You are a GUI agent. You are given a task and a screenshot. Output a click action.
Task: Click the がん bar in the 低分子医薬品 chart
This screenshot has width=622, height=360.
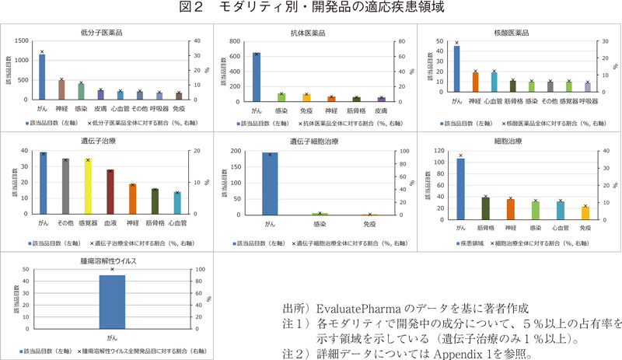42,77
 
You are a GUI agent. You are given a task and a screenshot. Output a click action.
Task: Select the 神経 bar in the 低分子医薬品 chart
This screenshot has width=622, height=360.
61,89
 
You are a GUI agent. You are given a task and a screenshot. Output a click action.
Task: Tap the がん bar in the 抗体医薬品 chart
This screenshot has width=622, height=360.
257,77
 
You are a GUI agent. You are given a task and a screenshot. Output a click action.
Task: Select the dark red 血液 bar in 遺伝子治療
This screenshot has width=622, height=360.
110,192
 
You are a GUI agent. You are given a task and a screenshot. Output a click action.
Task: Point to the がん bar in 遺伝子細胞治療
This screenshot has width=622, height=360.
270,183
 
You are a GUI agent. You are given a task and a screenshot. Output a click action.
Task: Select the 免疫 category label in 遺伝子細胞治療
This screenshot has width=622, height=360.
369,224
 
